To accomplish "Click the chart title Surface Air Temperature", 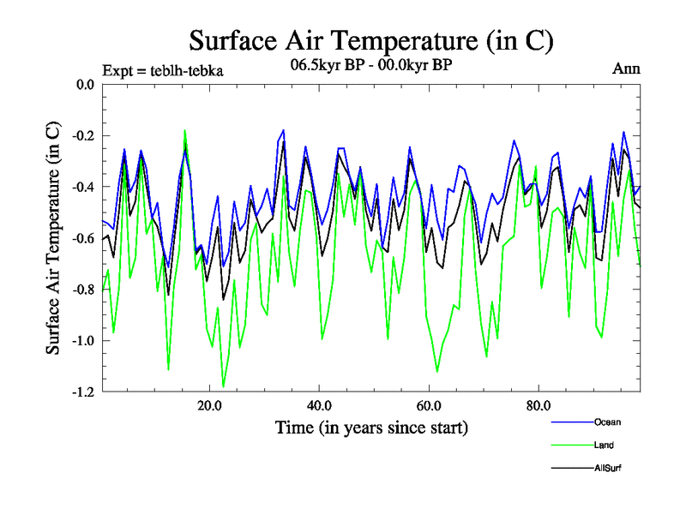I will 371,40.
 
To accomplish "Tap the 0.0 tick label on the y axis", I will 85,85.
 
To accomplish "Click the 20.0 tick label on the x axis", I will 209,406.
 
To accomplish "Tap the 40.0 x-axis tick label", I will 319,406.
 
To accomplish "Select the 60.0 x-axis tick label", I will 429,406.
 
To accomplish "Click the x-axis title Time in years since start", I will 371,427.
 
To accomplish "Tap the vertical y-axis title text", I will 53,238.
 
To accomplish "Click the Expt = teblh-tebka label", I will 163,70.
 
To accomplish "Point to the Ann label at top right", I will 626,69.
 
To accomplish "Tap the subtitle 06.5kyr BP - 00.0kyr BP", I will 371,63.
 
